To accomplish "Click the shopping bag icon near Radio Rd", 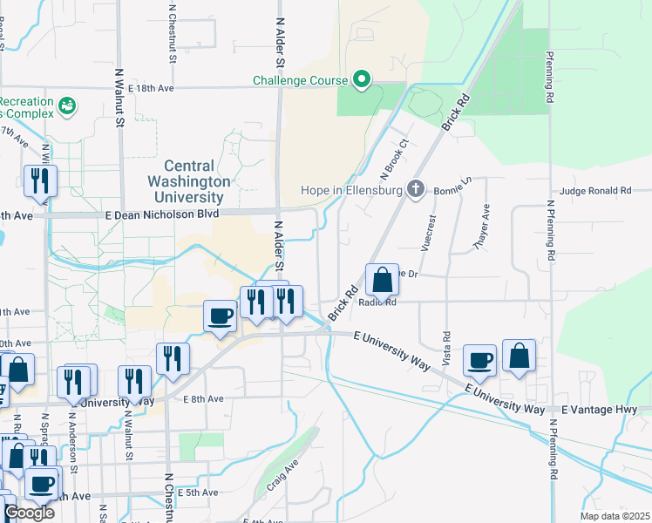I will [x=382, y=281].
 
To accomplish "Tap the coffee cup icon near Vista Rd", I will [x=479, y=359].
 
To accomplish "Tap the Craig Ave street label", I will [x=283, y=475].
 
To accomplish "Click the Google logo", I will [x=29, y=513].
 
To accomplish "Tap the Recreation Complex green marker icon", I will [x=66, y=105].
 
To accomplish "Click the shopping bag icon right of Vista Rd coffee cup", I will [x=519, y=356].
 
